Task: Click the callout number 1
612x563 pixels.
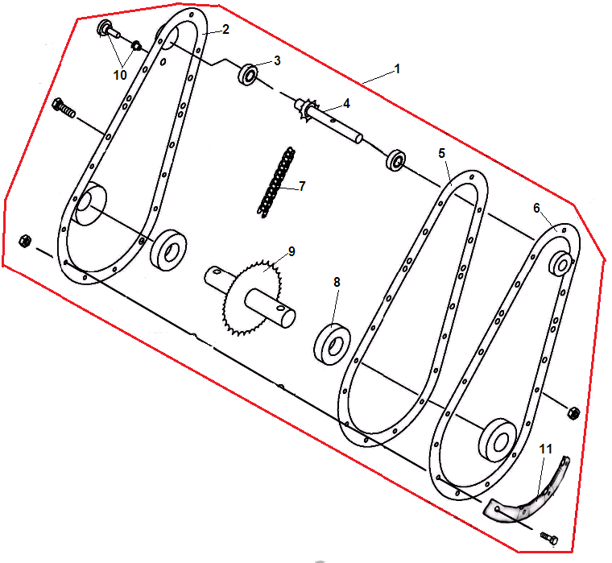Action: coord(397,69)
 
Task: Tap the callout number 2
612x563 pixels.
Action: coord(225,29)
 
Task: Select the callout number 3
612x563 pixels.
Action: coord(277,60)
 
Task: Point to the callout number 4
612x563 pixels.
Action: coord(346,103)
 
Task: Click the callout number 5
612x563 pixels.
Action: coord(441,154)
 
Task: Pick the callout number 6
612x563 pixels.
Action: coord(536,208)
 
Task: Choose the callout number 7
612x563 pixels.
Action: coord(302,186)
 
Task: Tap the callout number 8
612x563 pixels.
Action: coord(337,282)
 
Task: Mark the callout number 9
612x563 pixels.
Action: coord(292,251)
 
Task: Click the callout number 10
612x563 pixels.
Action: coord(120,75)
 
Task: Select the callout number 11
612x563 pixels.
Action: coord(546,449)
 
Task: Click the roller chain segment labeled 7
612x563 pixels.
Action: coord(276,182)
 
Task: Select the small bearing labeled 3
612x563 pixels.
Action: coord(248,74)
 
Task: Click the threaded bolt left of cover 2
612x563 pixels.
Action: coord(64,108)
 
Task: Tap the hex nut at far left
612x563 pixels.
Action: coord(25,241)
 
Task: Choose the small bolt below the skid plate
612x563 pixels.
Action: coord(549,538)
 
